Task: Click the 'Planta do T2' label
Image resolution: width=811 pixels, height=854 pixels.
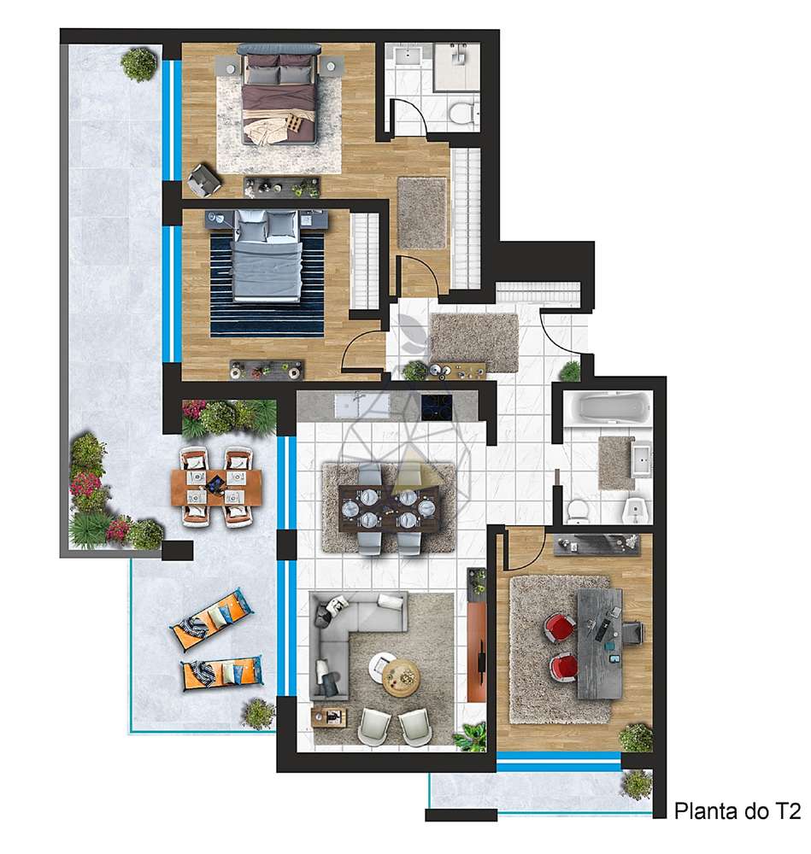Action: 737,810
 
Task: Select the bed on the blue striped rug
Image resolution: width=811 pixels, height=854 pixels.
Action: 267,256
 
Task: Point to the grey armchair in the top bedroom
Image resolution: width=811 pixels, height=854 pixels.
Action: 205,178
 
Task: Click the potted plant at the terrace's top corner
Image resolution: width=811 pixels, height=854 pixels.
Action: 138,63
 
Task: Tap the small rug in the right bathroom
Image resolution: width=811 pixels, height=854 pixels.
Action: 615,462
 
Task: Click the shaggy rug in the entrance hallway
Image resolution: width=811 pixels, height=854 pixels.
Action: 473,342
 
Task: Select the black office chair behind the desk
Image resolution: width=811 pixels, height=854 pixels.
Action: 631,633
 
